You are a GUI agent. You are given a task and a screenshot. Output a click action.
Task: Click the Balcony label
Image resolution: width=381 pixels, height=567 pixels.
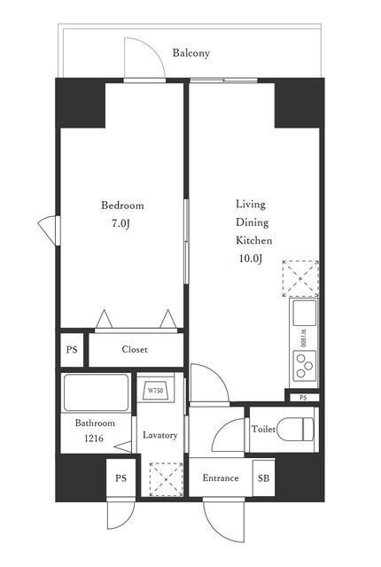pos(190,53)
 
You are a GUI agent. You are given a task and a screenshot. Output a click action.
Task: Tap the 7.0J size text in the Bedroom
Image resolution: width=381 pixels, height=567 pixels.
pos(121,224)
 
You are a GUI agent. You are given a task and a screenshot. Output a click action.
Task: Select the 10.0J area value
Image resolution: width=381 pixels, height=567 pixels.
pos(250,259)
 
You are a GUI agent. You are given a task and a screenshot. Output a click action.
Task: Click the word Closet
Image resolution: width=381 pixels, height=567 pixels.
pos(135,349)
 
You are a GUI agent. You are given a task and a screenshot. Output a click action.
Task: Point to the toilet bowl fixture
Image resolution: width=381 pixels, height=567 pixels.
pos(295,429)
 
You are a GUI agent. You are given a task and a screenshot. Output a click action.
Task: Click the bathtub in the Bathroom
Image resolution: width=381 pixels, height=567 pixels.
pos(97,392)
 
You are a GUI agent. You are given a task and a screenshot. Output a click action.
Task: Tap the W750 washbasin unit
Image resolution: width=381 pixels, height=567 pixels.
pos(155,391)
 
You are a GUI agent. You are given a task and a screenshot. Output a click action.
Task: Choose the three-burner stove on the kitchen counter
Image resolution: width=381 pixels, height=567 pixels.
pos(305,365)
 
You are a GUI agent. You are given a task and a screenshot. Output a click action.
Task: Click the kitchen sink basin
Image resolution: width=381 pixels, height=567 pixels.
pos(305,313)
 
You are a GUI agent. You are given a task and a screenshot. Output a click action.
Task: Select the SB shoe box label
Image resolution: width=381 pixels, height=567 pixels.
pos(263,478)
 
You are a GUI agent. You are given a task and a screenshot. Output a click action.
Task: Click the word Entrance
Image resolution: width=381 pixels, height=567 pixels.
pos(221,478)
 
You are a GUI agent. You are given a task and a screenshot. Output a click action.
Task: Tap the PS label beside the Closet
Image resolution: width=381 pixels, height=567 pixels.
pos(72,350)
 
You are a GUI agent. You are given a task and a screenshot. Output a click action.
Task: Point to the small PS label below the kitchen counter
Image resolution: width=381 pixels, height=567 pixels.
pos(303,398)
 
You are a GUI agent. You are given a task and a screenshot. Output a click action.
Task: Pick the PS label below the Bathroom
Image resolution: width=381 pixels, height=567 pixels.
pos(121,478)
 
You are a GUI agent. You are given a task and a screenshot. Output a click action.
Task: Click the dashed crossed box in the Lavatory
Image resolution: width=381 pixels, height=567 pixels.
pos(166,479)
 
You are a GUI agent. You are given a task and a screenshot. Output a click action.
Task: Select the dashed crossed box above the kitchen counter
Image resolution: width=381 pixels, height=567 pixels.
pos(300,278)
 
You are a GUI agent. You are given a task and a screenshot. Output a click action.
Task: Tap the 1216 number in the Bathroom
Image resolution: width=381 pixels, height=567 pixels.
pos(94,439)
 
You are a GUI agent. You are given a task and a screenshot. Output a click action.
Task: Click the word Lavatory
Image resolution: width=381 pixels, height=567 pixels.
pos(160,435)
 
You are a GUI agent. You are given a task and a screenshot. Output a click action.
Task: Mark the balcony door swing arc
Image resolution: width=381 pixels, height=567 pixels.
pos(153,50)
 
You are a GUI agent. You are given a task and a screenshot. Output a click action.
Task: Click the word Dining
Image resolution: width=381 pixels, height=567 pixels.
pos(253,222)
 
